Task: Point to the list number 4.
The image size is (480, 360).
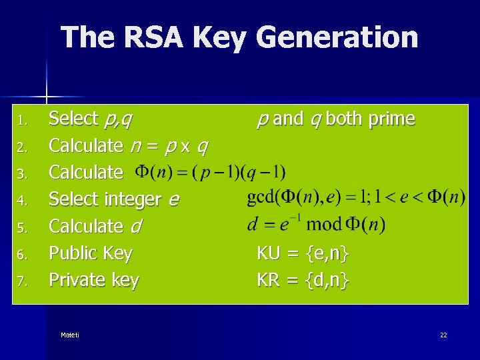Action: tap(21, 201)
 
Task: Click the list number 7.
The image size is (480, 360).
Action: tap(21, 282)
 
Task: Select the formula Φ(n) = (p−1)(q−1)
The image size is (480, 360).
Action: tap(210, 173)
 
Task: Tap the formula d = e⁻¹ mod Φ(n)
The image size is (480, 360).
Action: tap(316, 224)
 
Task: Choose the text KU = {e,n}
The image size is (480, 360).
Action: tap(303, 253)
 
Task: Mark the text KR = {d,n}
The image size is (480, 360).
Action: tap(303, 281)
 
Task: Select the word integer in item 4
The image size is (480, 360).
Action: tap(133, 199)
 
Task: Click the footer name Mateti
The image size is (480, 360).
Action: tap(69, 335)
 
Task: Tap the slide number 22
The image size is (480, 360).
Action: tap(443, 335)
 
